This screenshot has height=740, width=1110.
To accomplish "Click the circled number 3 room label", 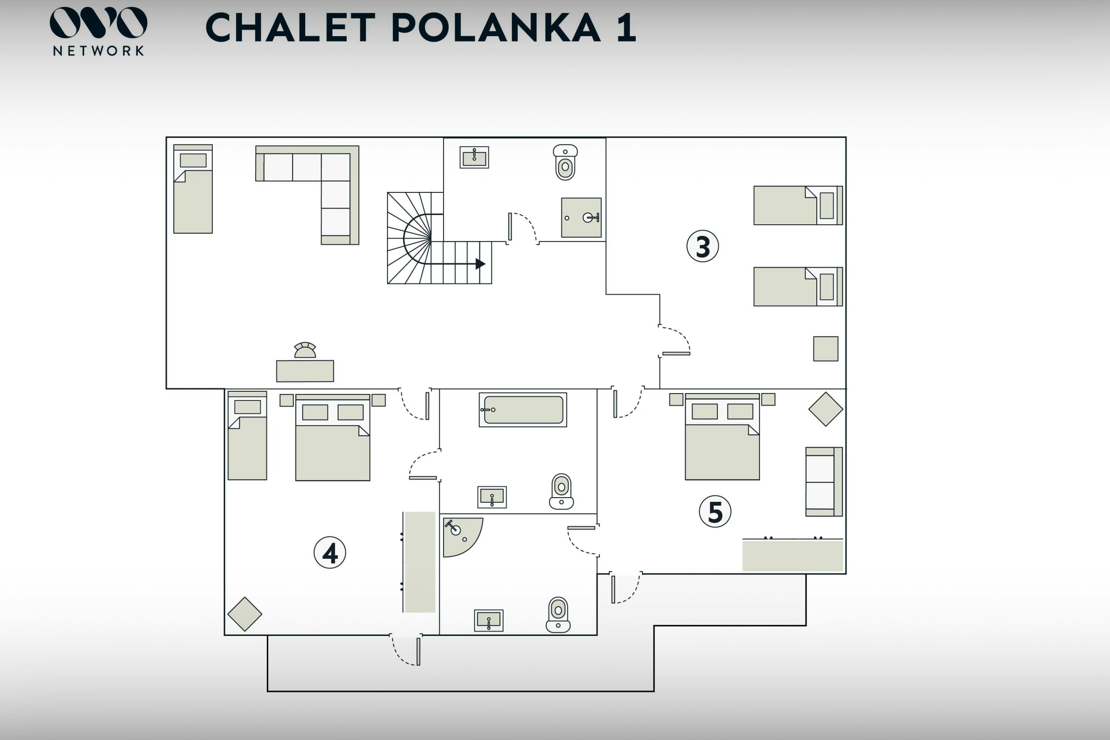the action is pyautogui.click(x=702, y=246).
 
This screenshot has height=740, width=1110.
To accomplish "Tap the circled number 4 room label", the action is pyautogui.click(x=329, y=552).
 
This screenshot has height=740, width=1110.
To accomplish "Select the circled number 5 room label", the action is pyautogui.click(x=715, y=511).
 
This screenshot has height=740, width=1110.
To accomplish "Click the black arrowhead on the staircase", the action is pyautogui.click(x=481, y=264).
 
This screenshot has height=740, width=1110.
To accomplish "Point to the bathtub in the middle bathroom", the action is pyautogui.click(x=523, y=410).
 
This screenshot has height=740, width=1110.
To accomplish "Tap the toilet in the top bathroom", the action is pyautogui.click(x=565, y=162).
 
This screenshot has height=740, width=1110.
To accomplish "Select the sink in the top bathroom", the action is pyautogui.click(x=475, y=157).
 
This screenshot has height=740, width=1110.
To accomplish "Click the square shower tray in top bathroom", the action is pyautogui.click(x=581, y=217).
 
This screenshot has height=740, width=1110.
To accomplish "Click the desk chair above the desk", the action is pyautogui.click(x=305, y=350).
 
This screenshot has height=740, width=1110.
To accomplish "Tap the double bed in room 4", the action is pyautogui.click(x=333, y=438).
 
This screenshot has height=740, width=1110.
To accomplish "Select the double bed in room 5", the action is pyautogui.click(x=722, y=437).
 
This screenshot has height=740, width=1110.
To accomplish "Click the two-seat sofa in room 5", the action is pyautogui.click(x=824, y=481).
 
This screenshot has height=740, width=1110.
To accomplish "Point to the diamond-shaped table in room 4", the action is pyautogui.click(x=245, y=614).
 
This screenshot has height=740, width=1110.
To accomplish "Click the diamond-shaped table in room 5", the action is pyautogui.click(x=826, y=409).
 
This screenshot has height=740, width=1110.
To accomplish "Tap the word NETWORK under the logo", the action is pyautogui.click(x=99, y=51).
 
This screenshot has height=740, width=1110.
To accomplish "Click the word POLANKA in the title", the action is pyautogui.click(x=496, y=28).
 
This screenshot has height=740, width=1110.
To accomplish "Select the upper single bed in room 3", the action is pyautogui.click(x=798, y=205).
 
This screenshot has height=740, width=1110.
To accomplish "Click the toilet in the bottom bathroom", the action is pyautogui.click(x=558, y=615).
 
